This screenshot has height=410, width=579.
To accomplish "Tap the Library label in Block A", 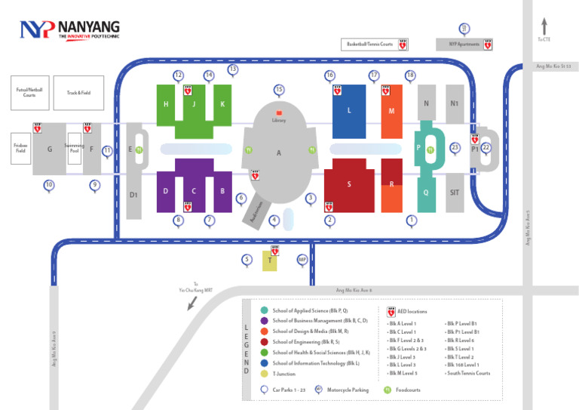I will [x=279, y=120].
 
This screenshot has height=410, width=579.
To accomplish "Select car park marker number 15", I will [x=279, y=90].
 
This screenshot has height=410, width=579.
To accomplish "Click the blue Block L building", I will [x=349, y=111].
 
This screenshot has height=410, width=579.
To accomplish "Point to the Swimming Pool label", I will [x=75, y=148].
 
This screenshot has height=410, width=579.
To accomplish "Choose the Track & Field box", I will [x=78, y=92].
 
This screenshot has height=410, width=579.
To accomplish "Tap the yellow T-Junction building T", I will [x=269, y=261].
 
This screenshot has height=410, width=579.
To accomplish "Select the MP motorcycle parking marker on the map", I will [x=302, y=260].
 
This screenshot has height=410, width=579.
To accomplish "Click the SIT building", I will [x=455, y=193].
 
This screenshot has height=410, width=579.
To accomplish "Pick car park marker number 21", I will [x=464, y=29].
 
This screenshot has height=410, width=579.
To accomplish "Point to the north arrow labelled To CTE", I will [x=544, y=27].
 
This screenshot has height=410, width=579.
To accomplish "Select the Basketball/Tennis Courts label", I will [x=370, y=45].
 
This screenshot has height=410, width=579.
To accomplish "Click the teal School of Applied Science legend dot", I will [x=264, y=310].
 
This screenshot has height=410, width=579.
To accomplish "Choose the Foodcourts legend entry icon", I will [x=388, y=390].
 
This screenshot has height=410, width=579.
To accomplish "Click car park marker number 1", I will [x=411, y=220].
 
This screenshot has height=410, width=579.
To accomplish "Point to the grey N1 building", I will [x=455, y=103].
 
